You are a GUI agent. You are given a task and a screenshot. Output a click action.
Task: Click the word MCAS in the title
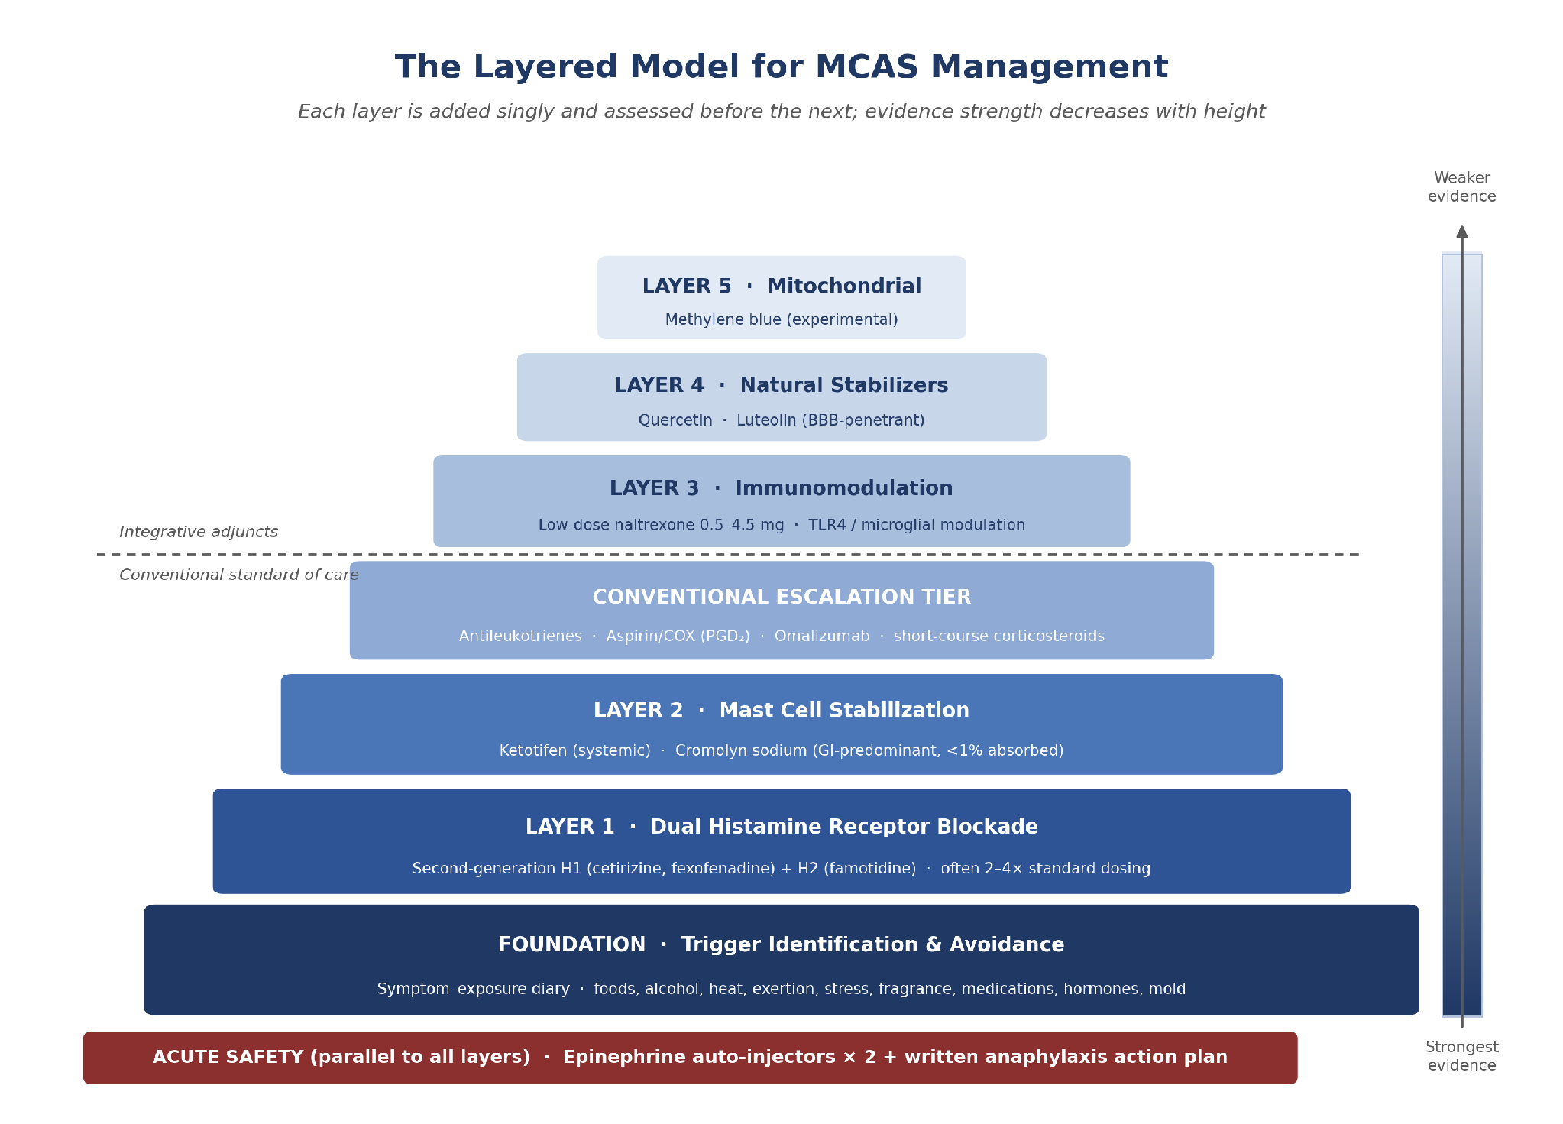click(866, 66)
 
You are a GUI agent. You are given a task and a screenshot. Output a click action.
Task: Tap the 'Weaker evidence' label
click(1461, 187)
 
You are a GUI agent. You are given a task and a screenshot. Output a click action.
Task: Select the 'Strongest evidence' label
click(1461, 1056)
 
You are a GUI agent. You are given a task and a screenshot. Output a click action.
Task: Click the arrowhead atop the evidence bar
click(1461, 232)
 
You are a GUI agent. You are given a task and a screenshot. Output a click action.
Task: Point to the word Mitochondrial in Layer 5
click(844, 286)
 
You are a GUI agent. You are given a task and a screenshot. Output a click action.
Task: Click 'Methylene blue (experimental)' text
click(781, 319)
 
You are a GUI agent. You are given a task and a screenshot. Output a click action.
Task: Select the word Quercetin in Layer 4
click(675, 420)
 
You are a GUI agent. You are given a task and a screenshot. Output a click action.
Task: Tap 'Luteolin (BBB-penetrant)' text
click(830, 420)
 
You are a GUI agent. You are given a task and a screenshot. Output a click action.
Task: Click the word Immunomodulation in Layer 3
click(844, 488)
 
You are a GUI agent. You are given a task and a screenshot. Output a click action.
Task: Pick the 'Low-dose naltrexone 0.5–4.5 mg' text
click(661, 525)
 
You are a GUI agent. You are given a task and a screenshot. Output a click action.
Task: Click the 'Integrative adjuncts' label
click(199, 532)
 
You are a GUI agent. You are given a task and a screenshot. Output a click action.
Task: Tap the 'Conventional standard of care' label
click(239, 575)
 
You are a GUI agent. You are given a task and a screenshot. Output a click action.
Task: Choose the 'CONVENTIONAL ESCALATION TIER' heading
click(781, 597)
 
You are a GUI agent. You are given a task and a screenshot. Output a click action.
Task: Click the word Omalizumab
click(822, 636)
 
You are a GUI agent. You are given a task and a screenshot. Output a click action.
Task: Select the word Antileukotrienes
click(520, 636)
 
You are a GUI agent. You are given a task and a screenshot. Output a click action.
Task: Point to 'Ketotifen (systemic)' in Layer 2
click(575, 750)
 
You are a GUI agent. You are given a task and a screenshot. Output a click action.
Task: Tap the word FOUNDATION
click(571, 944)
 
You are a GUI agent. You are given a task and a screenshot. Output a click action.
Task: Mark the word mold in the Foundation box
click(1167, 989)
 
